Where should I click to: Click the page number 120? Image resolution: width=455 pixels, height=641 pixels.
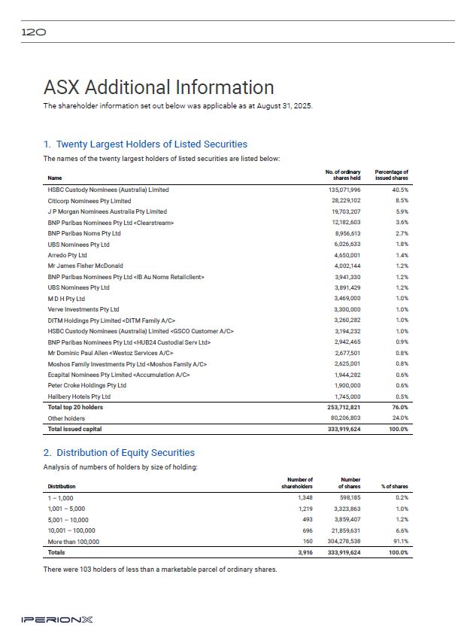click(35, 32)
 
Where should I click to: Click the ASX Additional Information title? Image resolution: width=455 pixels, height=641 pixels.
click(159, 87)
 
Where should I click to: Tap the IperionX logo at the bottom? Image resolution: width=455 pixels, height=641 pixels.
click(57, 620)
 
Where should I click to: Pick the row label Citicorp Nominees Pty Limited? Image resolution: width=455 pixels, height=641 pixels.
click(89, 201)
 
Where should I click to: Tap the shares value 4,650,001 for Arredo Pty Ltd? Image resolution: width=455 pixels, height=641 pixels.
click(347, 255)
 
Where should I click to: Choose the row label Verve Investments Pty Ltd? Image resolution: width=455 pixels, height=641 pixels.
click(83, 309)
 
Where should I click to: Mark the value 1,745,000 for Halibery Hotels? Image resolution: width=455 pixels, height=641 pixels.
click(347, 396)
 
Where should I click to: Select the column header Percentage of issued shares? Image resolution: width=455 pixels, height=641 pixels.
click(391, 175)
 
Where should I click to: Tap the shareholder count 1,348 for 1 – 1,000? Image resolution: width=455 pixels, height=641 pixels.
click(305, 498)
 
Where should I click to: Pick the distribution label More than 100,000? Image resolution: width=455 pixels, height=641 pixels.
click(74, 541)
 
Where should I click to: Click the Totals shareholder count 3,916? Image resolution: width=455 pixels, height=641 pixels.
click(305, 552)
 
